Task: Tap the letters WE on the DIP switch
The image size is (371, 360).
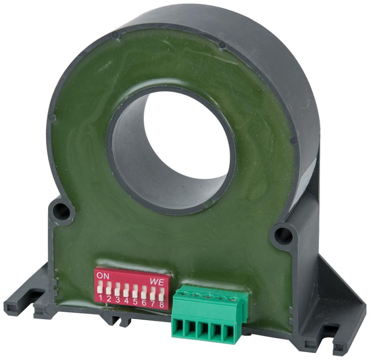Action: click(x=157, y=282)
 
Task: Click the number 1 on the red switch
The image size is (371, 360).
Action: click(x=100, y=298)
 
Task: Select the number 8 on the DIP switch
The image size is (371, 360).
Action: click(x=161, y=304)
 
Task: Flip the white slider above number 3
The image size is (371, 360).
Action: click(x=117, y=290)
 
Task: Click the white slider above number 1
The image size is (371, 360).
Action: click(x=100, y=287)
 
